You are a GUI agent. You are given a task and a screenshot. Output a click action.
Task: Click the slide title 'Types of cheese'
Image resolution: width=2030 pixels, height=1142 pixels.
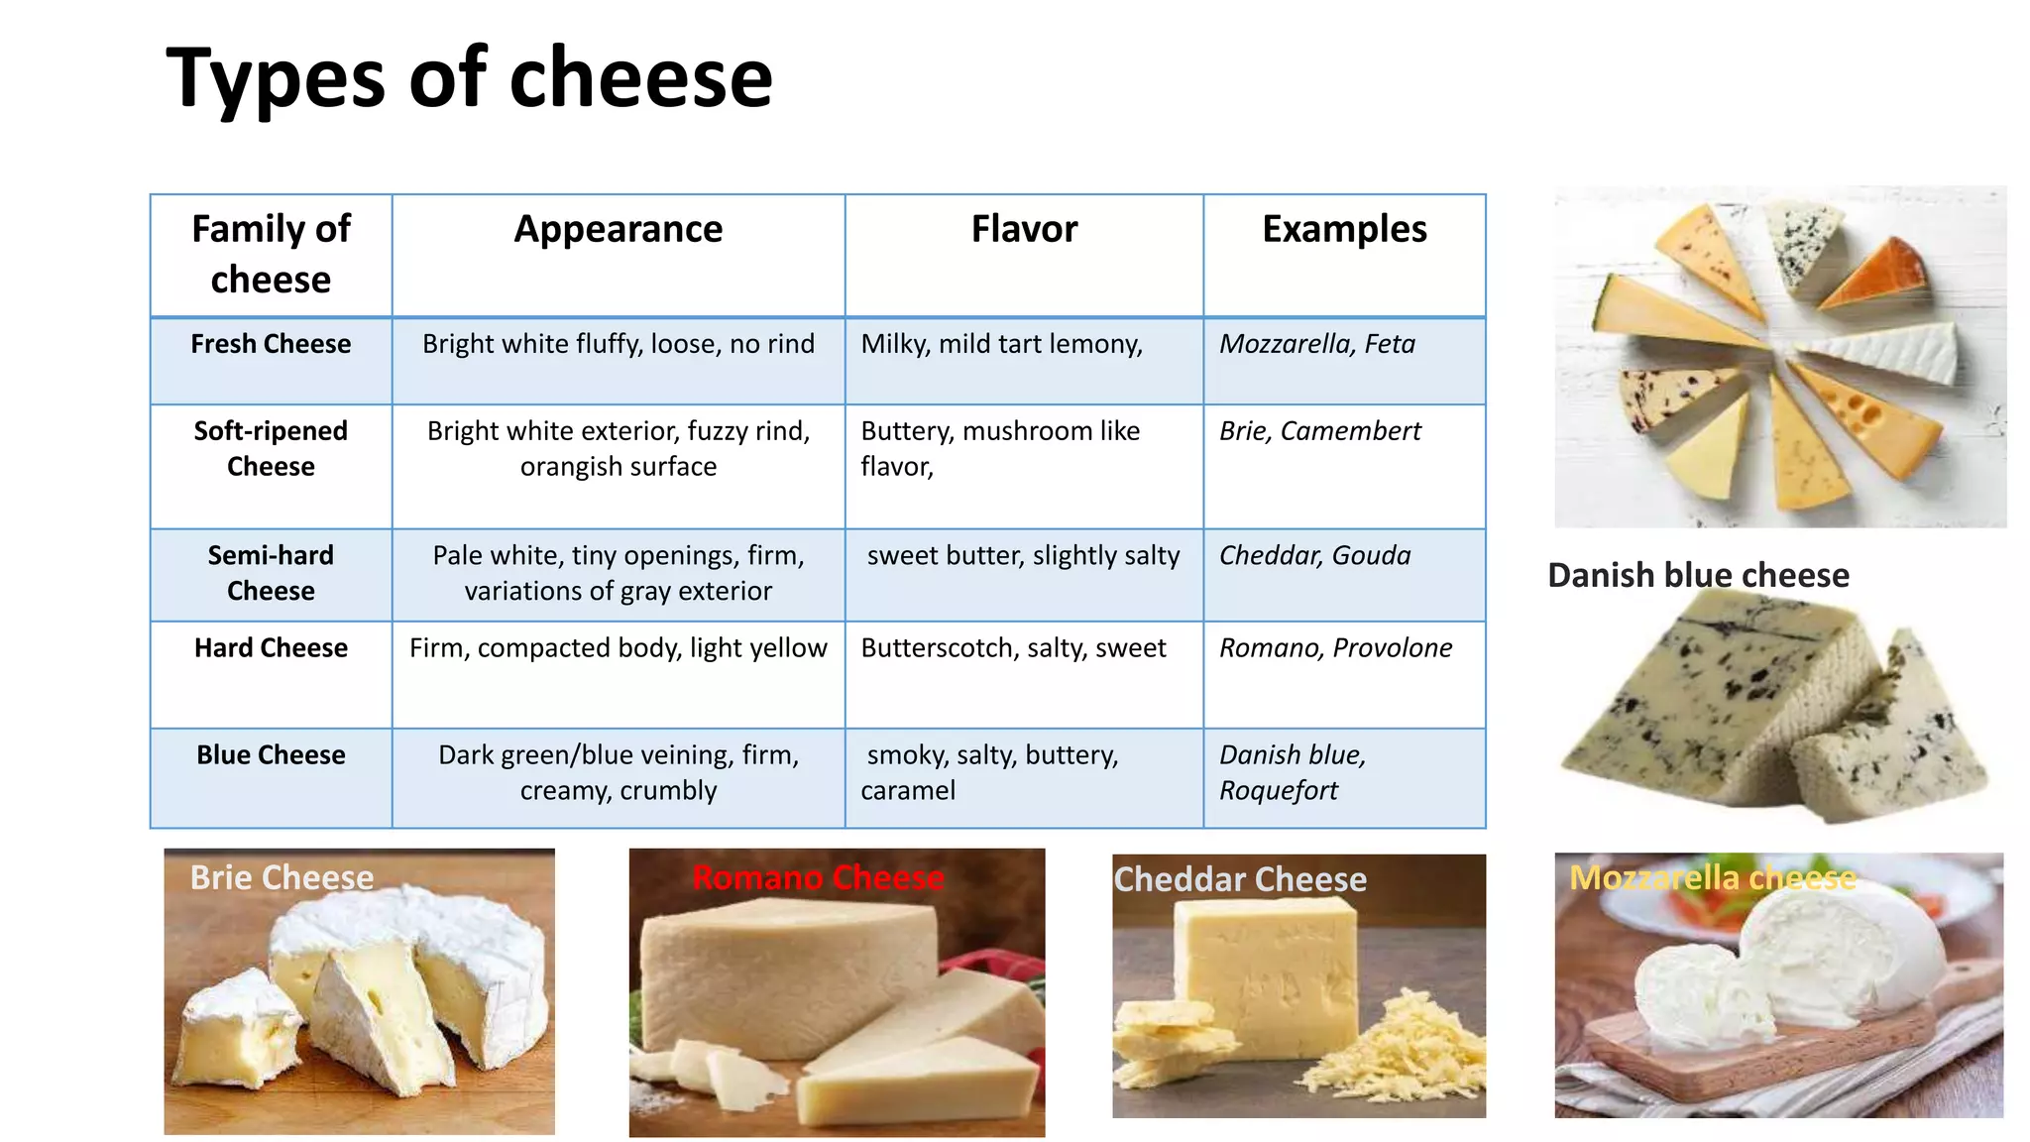(469, 78)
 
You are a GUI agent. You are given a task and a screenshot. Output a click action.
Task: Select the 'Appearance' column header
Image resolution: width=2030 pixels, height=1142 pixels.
(618, 229)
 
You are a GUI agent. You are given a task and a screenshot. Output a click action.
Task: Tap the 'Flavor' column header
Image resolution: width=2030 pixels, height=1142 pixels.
(1024, 229)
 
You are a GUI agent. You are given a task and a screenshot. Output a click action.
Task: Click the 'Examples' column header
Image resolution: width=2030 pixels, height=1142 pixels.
(1344, 229)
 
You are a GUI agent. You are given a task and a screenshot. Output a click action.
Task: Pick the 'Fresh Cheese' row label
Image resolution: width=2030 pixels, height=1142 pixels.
(271, 344)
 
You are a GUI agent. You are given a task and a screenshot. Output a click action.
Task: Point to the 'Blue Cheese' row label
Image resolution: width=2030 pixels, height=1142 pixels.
(271, 755)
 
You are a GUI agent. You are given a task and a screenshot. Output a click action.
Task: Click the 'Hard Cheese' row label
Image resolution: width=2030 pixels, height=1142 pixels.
(271, 648)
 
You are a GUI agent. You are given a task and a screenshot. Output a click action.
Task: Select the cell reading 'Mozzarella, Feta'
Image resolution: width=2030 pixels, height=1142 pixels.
(1316, 344)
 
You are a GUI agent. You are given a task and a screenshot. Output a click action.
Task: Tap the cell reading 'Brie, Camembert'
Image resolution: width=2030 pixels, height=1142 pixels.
(1319, 431)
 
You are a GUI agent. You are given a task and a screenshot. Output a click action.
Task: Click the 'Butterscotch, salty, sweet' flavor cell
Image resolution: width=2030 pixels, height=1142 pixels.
(1013, 648)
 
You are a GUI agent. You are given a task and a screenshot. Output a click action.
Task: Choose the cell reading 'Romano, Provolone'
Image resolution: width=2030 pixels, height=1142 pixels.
(1335, 648)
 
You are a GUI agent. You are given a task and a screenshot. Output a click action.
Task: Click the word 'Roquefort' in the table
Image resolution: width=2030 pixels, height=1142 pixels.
(1278, 791)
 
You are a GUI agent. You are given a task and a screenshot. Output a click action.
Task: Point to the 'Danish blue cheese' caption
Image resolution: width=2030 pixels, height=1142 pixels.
(1698, 575)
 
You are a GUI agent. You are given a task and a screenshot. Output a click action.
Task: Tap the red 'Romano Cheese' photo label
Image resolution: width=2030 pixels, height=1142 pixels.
(818, 877)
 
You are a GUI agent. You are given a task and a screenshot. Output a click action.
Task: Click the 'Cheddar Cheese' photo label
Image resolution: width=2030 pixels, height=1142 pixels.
(1240, 879)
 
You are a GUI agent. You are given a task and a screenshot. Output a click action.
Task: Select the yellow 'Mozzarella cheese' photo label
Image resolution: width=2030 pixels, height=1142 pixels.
(1712, 877)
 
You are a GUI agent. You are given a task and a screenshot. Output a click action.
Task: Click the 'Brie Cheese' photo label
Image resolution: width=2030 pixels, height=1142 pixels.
(282, 877)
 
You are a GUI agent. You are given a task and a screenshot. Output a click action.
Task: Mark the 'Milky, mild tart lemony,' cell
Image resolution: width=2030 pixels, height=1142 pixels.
(1001, 344)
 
